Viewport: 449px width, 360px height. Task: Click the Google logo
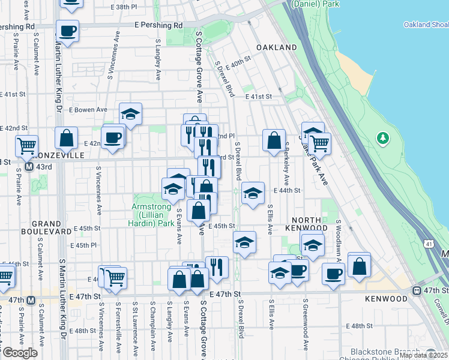pyautogui.click(x=19, y=353)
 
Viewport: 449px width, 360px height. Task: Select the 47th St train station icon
pyautogui.click(x=417, y=290)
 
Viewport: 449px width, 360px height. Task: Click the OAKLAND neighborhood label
pyautogui.click(x=276, y=47)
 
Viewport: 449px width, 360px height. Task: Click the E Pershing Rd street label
pyautogui.click(x=158, y=26)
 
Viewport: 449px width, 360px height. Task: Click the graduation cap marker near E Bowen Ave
pyautogui.click(x=130, y=113)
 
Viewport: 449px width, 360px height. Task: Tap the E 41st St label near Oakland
pyautogui.click(x=258, y=96)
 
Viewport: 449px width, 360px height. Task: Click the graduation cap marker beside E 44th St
pyautogui.click(x=253, y=193)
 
